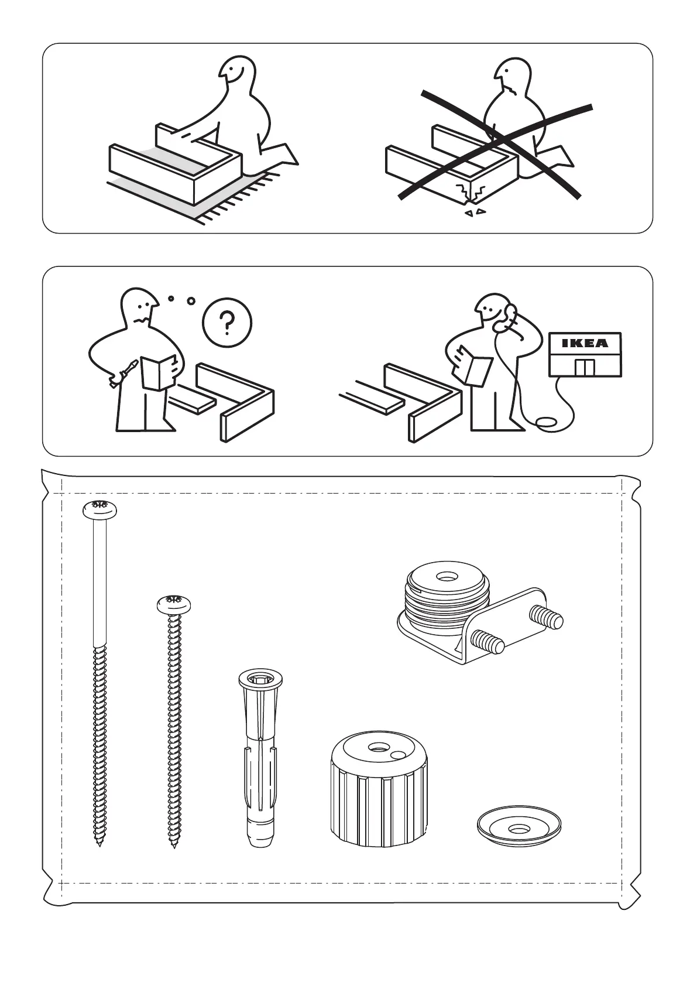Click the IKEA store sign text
point(585,343)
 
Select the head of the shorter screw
point(174,604)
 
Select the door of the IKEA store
point(585,367)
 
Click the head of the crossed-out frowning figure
point(510,79)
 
